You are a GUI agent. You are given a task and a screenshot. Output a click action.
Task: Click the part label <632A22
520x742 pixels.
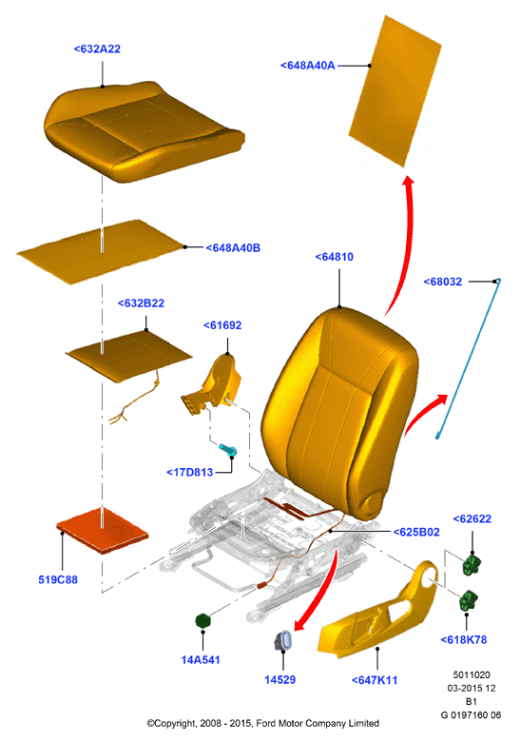tap(97, 49)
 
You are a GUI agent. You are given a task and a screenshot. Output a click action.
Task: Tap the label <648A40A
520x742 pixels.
tap(308, 66)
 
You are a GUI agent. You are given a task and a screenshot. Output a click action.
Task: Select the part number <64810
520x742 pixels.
tap(335, 257)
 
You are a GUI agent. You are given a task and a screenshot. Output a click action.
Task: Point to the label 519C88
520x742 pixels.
tap(58, 579)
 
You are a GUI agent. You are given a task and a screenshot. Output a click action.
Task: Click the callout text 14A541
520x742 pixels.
tap(201, 659)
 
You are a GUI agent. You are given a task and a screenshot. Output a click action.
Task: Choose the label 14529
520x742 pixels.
tap(279, 680)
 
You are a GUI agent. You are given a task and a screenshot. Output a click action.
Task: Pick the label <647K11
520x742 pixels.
tap(375, 680)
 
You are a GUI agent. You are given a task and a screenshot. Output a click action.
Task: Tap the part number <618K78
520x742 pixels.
tap(464, 640)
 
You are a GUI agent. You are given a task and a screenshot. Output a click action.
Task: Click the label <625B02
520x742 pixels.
tap(416, 533)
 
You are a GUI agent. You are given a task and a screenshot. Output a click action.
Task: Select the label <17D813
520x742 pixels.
tap(189, 472)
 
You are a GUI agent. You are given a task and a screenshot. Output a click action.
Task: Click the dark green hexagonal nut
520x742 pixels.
tap(203, 621)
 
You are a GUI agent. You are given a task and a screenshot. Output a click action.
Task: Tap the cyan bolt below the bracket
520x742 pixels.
tap(228, 450)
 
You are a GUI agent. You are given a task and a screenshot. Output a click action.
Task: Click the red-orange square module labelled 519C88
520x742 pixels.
tap(102, 531)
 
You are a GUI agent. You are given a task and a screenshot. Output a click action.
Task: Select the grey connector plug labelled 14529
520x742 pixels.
tap(282, 641)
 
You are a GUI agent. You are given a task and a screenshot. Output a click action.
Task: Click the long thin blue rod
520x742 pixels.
tap(468, 359)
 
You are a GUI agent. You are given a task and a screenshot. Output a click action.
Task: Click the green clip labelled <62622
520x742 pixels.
tap(472, 564)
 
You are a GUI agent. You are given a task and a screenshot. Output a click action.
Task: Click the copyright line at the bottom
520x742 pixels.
tap(262, 724)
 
